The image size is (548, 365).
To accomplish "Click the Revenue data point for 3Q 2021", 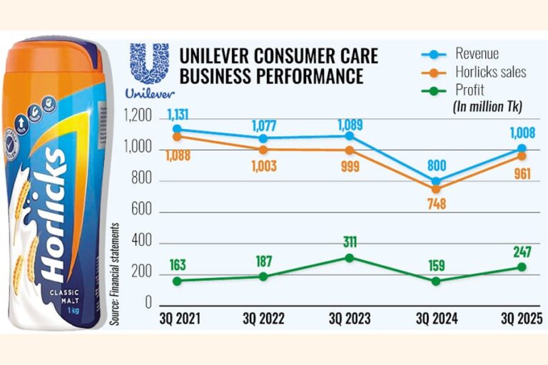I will click(177, 129).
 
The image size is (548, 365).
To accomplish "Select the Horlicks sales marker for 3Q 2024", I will click(435, 190).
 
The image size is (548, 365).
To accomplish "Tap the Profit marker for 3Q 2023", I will click(350, 257).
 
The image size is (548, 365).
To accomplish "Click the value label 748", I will click(435, 205).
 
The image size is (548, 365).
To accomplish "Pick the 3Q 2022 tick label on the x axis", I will click(263, 319).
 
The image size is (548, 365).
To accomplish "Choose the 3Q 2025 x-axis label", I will click(522, 319).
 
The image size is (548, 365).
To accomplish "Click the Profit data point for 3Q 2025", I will click(522, 267).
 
